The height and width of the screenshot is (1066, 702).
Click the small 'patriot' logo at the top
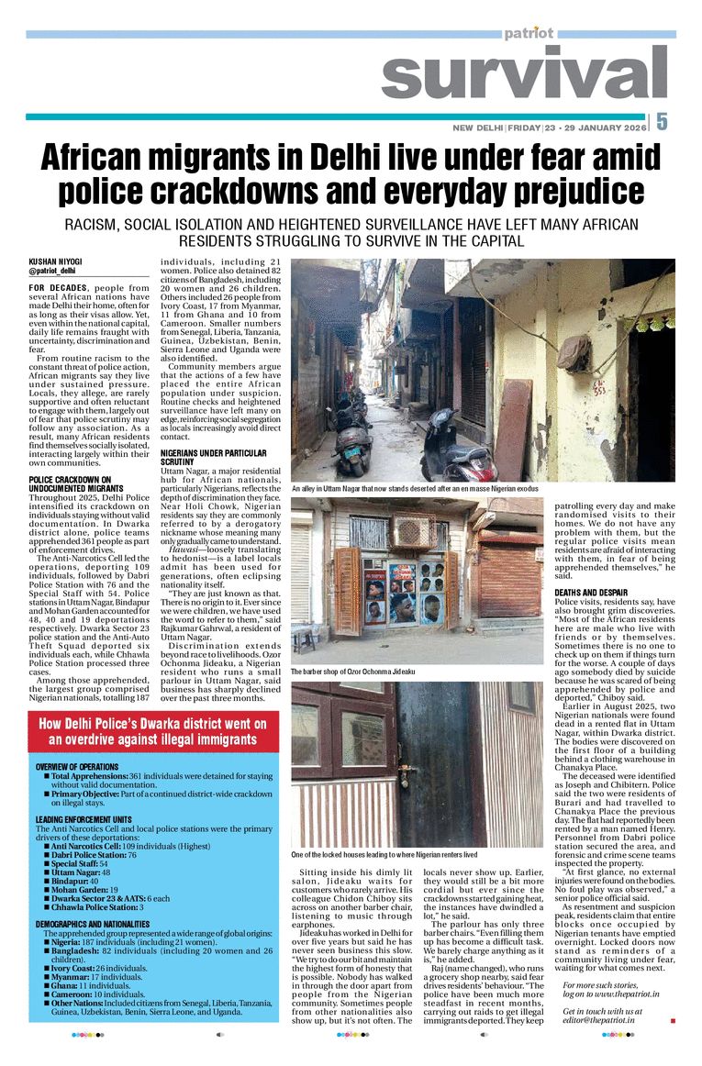coord(529,33)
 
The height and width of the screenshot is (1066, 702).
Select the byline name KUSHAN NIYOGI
coord(55,261)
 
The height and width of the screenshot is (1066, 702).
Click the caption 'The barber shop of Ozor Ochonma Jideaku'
coord(353,672)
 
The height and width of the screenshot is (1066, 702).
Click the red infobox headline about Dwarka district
coord(152,731)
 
